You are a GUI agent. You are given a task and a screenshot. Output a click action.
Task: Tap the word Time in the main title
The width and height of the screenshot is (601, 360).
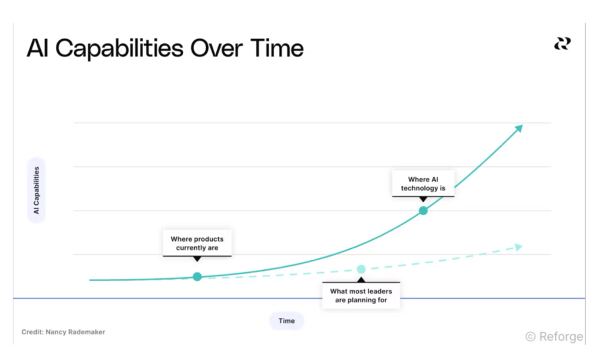[x=276, y=48]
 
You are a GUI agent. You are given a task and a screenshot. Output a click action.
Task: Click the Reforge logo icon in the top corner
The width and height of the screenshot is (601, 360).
[x=563, y=44]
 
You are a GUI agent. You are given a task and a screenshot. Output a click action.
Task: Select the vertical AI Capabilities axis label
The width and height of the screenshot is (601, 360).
[x=37, y=190]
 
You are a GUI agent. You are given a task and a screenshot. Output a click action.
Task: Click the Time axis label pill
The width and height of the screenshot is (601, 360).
[x=286, y=321]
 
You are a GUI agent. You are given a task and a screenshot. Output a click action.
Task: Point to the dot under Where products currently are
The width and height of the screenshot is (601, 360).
[x=197, y=276]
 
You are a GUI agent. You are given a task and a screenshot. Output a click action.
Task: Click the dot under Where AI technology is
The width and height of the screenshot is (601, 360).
[x=423, y=210]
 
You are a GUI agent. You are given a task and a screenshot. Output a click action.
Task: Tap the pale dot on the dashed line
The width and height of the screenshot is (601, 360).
[x=361, y=269]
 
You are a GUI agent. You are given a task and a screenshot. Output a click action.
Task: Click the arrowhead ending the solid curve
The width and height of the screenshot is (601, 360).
[x=519, y=129]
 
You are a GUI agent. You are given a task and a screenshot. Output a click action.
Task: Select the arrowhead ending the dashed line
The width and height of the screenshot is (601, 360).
[x=519, y=247]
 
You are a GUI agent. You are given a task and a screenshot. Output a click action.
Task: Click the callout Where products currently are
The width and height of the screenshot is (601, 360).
[x=197, y=243]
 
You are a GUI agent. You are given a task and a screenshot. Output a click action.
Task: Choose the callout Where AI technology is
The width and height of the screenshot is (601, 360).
[x=423, y=183]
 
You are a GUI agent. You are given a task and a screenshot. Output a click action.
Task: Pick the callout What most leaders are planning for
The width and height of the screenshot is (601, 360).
[x=361, y=296]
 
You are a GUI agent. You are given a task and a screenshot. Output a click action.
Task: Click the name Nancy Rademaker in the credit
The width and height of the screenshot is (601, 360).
[x=75, y=332]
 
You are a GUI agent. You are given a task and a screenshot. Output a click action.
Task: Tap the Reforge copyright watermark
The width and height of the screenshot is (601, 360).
[x=554, y=337]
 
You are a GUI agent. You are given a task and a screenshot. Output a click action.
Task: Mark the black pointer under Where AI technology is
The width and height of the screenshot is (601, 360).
[x=423, y=200]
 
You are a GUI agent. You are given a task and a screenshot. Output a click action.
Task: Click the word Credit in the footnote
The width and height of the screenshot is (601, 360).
[x=32, y=332]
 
